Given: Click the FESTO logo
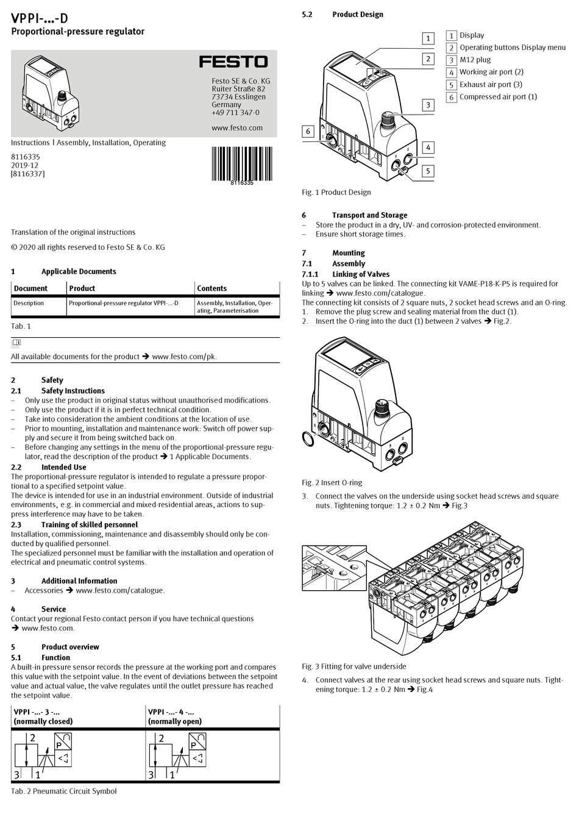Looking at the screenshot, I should point(233,62).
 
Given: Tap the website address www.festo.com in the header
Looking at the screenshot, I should point(237,128).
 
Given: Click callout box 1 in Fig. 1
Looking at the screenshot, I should point(428,38).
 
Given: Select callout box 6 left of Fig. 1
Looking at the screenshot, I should point(308,131).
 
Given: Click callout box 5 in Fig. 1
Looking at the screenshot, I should point(428,171).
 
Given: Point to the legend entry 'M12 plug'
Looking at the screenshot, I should point(475,60).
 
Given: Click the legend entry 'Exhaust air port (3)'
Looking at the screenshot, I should point(490,85).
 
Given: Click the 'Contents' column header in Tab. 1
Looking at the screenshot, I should point(211,288).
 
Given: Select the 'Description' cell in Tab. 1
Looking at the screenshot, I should point(29,303).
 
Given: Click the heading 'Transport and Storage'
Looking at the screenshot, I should point(369,215).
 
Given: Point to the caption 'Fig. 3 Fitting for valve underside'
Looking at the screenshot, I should point(353,666).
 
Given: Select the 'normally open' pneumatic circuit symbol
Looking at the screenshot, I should point(177,756).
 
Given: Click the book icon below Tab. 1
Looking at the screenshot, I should point(16,343).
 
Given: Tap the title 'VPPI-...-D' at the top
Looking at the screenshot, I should point(40,18).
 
